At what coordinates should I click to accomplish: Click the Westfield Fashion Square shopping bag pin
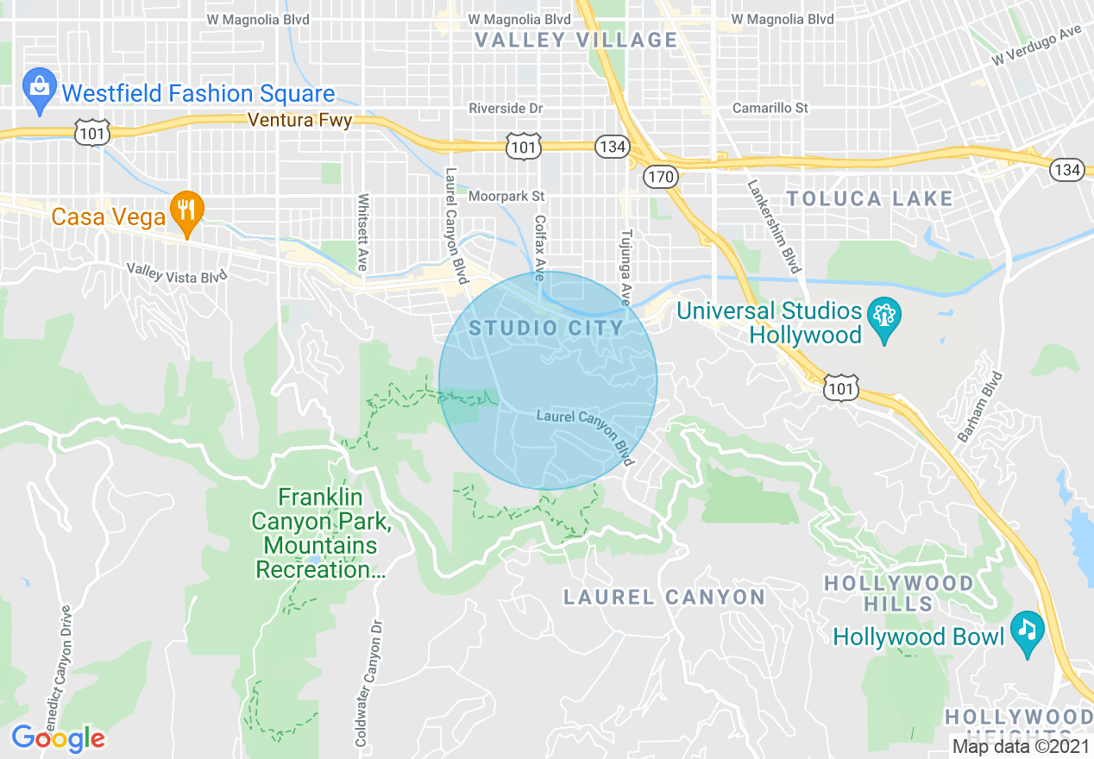(39, 90)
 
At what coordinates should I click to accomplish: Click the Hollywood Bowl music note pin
(1027, 632)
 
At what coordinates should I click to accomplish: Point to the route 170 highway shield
(662, 176)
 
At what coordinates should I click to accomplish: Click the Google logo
(58, 738)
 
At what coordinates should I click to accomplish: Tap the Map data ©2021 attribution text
(1020, 746)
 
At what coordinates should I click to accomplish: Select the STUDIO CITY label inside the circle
(546, 328)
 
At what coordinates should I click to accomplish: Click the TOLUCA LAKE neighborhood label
(870, 199)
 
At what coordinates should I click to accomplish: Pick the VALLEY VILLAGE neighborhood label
(577, 40)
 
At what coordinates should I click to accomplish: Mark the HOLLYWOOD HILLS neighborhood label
(898, 593)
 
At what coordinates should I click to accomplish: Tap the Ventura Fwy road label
(299, 121)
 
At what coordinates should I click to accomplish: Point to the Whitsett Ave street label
(362, 231)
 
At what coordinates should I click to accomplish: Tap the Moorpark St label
(506, 197)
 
